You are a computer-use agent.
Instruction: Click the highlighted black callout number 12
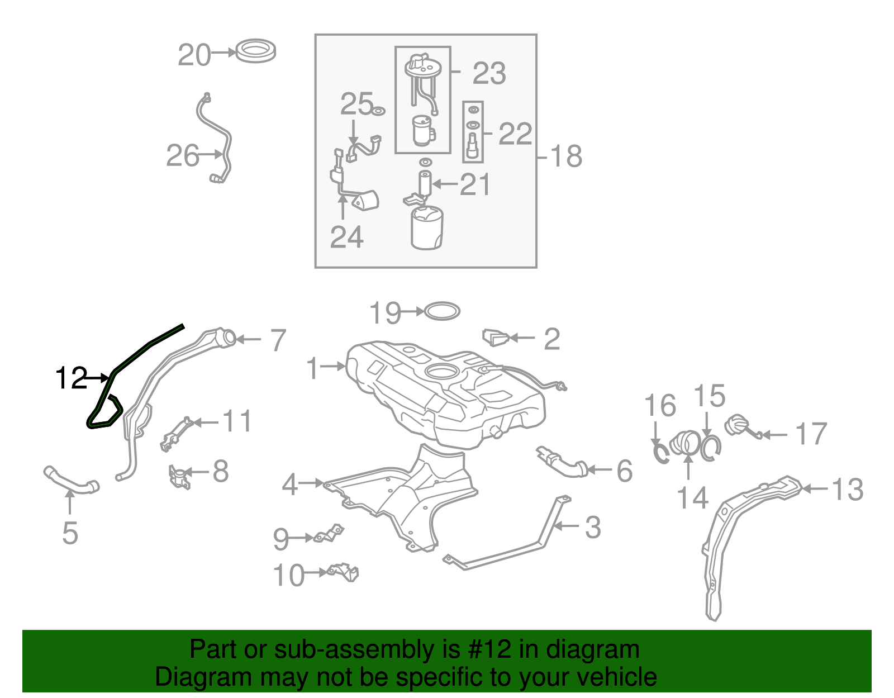[72, 378]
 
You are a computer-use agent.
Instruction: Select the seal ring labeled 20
[256, 51]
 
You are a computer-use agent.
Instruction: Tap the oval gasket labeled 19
[443, 311]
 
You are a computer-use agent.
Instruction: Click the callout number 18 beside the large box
[566, 156]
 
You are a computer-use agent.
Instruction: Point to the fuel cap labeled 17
[738, 426]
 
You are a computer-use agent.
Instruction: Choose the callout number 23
[489, 74]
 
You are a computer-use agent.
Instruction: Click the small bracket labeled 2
[496, 338]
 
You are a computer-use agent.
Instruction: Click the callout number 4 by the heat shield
[290, 485]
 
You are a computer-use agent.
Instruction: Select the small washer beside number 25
[378, 112]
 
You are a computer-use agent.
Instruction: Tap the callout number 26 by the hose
[182, 156]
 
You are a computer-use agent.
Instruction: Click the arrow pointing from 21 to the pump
[445, 184]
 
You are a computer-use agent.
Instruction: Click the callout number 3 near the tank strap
[593, 527]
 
